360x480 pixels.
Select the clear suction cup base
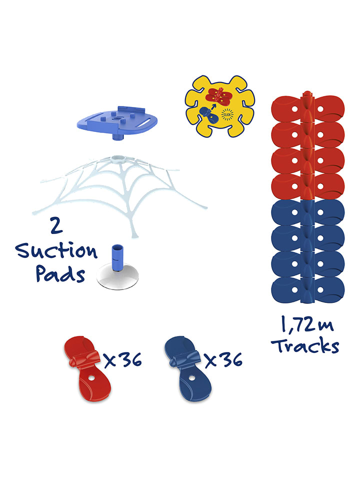tap(117, 277)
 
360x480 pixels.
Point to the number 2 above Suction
tap(56, 225)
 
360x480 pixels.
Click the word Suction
tap(56, 251)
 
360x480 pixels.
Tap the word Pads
tap(60, 273)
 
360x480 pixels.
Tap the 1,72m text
tap(306, 324)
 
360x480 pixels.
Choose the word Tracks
tap(305, 346)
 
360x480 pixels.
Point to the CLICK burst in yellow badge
tap(227, 114)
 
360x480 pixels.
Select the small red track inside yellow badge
tap(219, 95)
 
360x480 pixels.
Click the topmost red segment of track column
tap(307, 108)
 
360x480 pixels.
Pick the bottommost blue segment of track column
tap(307, 290)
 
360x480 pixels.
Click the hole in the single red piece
tap(91, 378)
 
